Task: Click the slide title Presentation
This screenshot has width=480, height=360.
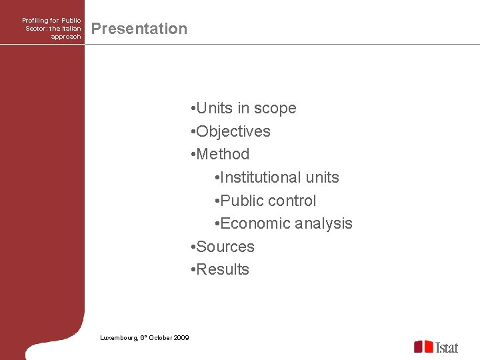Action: [x=139, y=29]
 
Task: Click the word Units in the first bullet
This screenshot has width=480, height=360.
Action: [x=214, y=108]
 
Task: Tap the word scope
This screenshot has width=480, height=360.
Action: [x=275, y=108]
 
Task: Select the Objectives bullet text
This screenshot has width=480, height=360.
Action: [x=233, y=131]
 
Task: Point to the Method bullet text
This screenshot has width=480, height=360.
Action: [x=223, y=154]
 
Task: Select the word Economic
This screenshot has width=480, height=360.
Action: [x=252, y=223]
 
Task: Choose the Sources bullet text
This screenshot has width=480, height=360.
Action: [x=225, y=247]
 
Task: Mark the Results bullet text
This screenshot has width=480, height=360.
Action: [x=223, y=269]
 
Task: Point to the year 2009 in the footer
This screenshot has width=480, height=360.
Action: [x=181, y=338]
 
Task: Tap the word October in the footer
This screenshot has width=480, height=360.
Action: [x=159, y=338]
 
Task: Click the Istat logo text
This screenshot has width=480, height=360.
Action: [x=447, y=347]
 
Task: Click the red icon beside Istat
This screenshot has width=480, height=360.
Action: [x=423, y=346]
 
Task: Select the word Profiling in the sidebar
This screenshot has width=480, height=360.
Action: [x=35, y=21]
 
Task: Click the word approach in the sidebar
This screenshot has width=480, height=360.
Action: [x=65, y=37]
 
